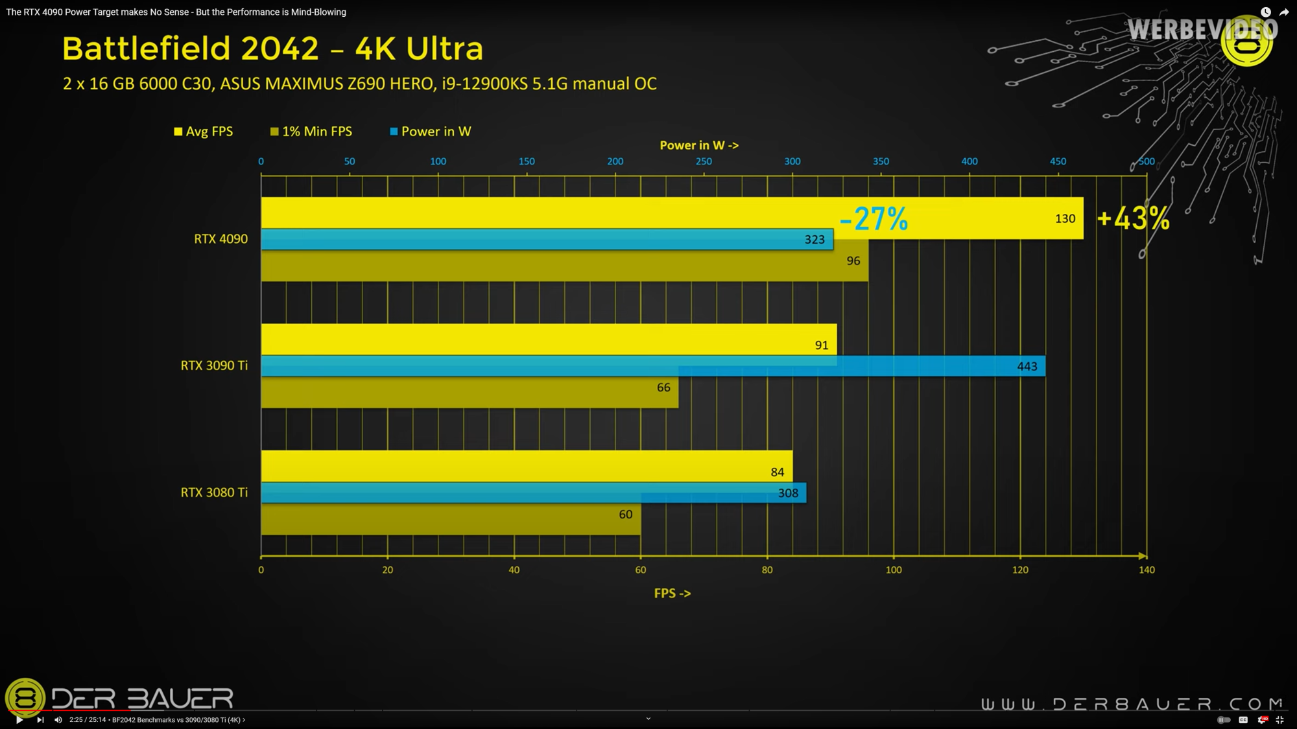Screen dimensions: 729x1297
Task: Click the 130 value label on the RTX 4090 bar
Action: coord(1065,218)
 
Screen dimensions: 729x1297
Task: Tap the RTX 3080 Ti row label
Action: coord(214,492)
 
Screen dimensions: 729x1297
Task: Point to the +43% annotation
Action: coord(1133,218)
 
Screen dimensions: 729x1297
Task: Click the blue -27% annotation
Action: coord(874,218)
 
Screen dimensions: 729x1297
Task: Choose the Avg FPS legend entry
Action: coord(204,132)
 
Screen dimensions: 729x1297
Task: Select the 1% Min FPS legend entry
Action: coord(311,132)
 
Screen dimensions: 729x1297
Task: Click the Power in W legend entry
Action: coord(431,132)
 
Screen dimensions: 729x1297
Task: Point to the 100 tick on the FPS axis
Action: coord(894,570)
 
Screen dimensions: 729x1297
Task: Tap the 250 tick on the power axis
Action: coord(704,161)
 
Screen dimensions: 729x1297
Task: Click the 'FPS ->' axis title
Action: coord(672,594)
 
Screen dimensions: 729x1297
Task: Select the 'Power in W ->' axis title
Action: coord(699,145)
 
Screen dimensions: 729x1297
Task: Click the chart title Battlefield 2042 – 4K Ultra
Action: coord(272,49)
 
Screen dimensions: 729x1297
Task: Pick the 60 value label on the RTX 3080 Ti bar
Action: coord(625,515)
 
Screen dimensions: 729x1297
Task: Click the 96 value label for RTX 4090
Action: coord(853,260)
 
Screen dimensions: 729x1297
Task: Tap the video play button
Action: coord(19,719)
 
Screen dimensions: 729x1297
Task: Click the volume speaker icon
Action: coord(58,719)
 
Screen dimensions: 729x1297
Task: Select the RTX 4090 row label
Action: coord(220,239)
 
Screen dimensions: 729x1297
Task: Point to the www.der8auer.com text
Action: coord(1132,704)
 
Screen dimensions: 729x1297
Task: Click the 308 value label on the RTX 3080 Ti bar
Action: coord(788,493)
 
